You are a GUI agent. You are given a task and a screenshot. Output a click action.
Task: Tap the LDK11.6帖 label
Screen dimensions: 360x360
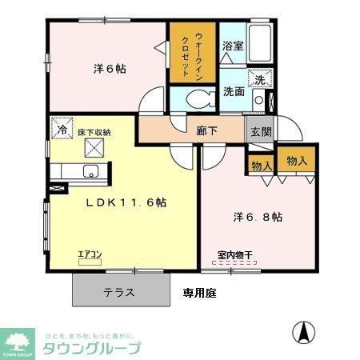point(126,202)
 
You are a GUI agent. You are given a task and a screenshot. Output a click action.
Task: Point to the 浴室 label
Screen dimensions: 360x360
point(232,46)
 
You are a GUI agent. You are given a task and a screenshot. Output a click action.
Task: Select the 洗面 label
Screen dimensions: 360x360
point(234,91)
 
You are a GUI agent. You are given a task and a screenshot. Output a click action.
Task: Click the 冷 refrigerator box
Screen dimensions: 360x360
point(61,127)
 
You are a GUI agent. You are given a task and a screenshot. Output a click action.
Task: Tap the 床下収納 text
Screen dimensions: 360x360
point(94,132)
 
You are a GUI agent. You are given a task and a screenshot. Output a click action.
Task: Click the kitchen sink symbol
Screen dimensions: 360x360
point(88,170)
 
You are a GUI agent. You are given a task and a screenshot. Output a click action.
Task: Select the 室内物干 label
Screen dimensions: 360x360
point(234,256)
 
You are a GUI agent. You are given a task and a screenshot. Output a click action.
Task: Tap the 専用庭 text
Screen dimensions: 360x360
point(199,293)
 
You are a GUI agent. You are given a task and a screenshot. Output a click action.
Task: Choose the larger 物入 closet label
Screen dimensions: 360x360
point(296,161)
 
